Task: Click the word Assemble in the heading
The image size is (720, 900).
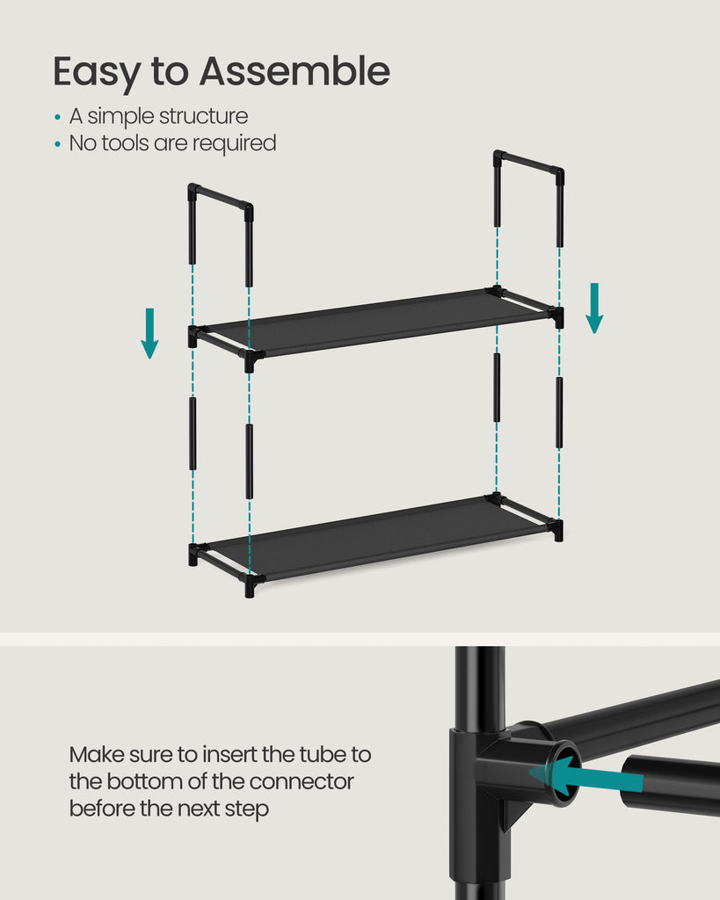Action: [295, 71]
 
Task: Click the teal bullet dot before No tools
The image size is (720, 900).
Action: [57, 144]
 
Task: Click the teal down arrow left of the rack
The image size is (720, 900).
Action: [149, 333]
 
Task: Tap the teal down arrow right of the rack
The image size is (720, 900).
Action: [594, 308]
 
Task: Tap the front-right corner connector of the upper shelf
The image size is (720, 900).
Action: [555, 316]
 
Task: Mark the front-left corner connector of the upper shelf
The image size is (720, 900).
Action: [251, 359]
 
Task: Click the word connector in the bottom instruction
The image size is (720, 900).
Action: [302, 781]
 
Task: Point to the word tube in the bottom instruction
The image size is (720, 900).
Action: [318, 754]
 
